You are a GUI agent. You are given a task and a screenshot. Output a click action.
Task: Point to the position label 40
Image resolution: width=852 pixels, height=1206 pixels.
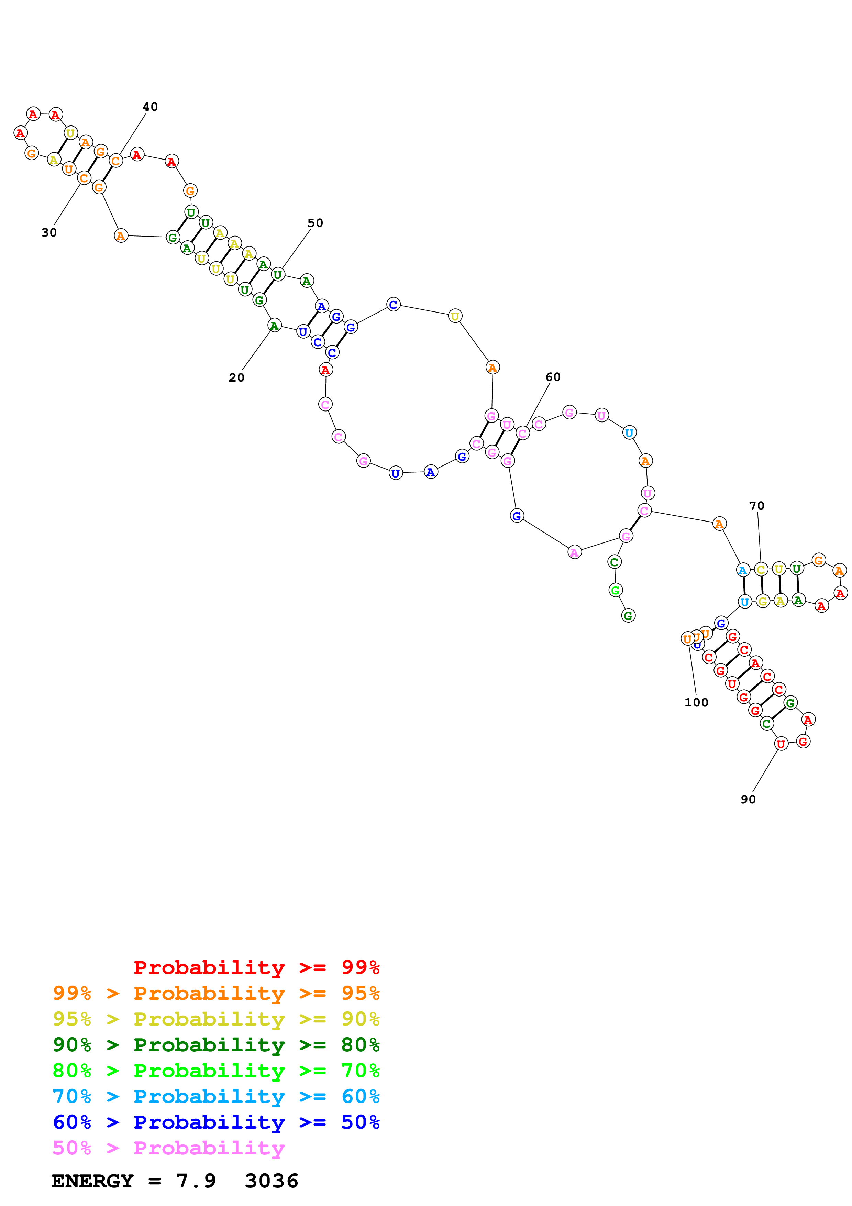[x=150, y=107]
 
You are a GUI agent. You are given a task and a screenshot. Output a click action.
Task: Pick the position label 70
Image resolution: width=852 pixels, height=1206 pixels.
[x=756, y=505]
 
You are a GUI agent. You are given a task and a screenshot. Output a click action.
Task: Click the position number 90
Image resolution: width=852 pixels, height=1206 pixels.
[x=748, y=799]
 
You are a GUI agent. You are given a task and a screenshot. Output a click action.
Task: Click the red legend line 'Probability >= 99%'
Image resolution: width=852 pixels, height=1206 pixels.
[x=256, y=967]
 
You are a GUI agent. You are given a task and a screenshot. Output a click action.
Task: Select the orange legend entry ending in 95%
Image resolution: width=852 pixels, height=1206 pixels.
[x=216, y=993]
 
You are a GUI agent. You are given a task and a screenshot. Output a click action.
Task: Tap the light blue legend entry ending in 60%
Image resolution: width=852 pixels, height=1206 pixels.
[x=216, y=1096]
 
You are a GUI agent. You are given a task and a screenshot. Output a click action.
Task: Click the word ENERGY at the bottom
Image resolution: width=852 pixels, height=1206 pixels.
[x=92, y=1181]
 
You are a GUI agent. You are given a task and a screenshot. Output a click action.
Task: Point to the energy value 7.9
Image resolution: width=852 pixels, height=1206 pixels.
[x=196, y=1181]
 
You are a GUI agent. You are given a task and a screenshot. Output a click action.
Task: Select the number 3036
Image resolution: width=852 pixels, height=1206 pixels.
[x=272, y=1181]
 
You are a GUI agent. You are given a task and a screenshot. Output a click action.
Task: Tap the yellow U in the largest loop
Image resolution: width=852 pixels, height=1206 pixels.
[x=455, y=316]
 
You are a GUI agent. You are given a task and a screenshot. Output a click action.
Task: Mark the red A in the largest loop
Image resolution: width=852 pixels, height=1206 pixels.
[x=325, y=370]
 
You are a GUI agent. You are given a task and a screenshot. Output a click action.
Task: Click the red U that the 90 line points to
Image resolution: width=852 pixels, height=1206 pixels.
[x=781, y=743]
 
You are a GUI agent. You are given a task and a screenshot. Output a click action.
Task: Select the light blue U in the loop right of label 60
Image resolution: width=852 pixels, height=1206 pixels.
[x=629, y=433]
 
